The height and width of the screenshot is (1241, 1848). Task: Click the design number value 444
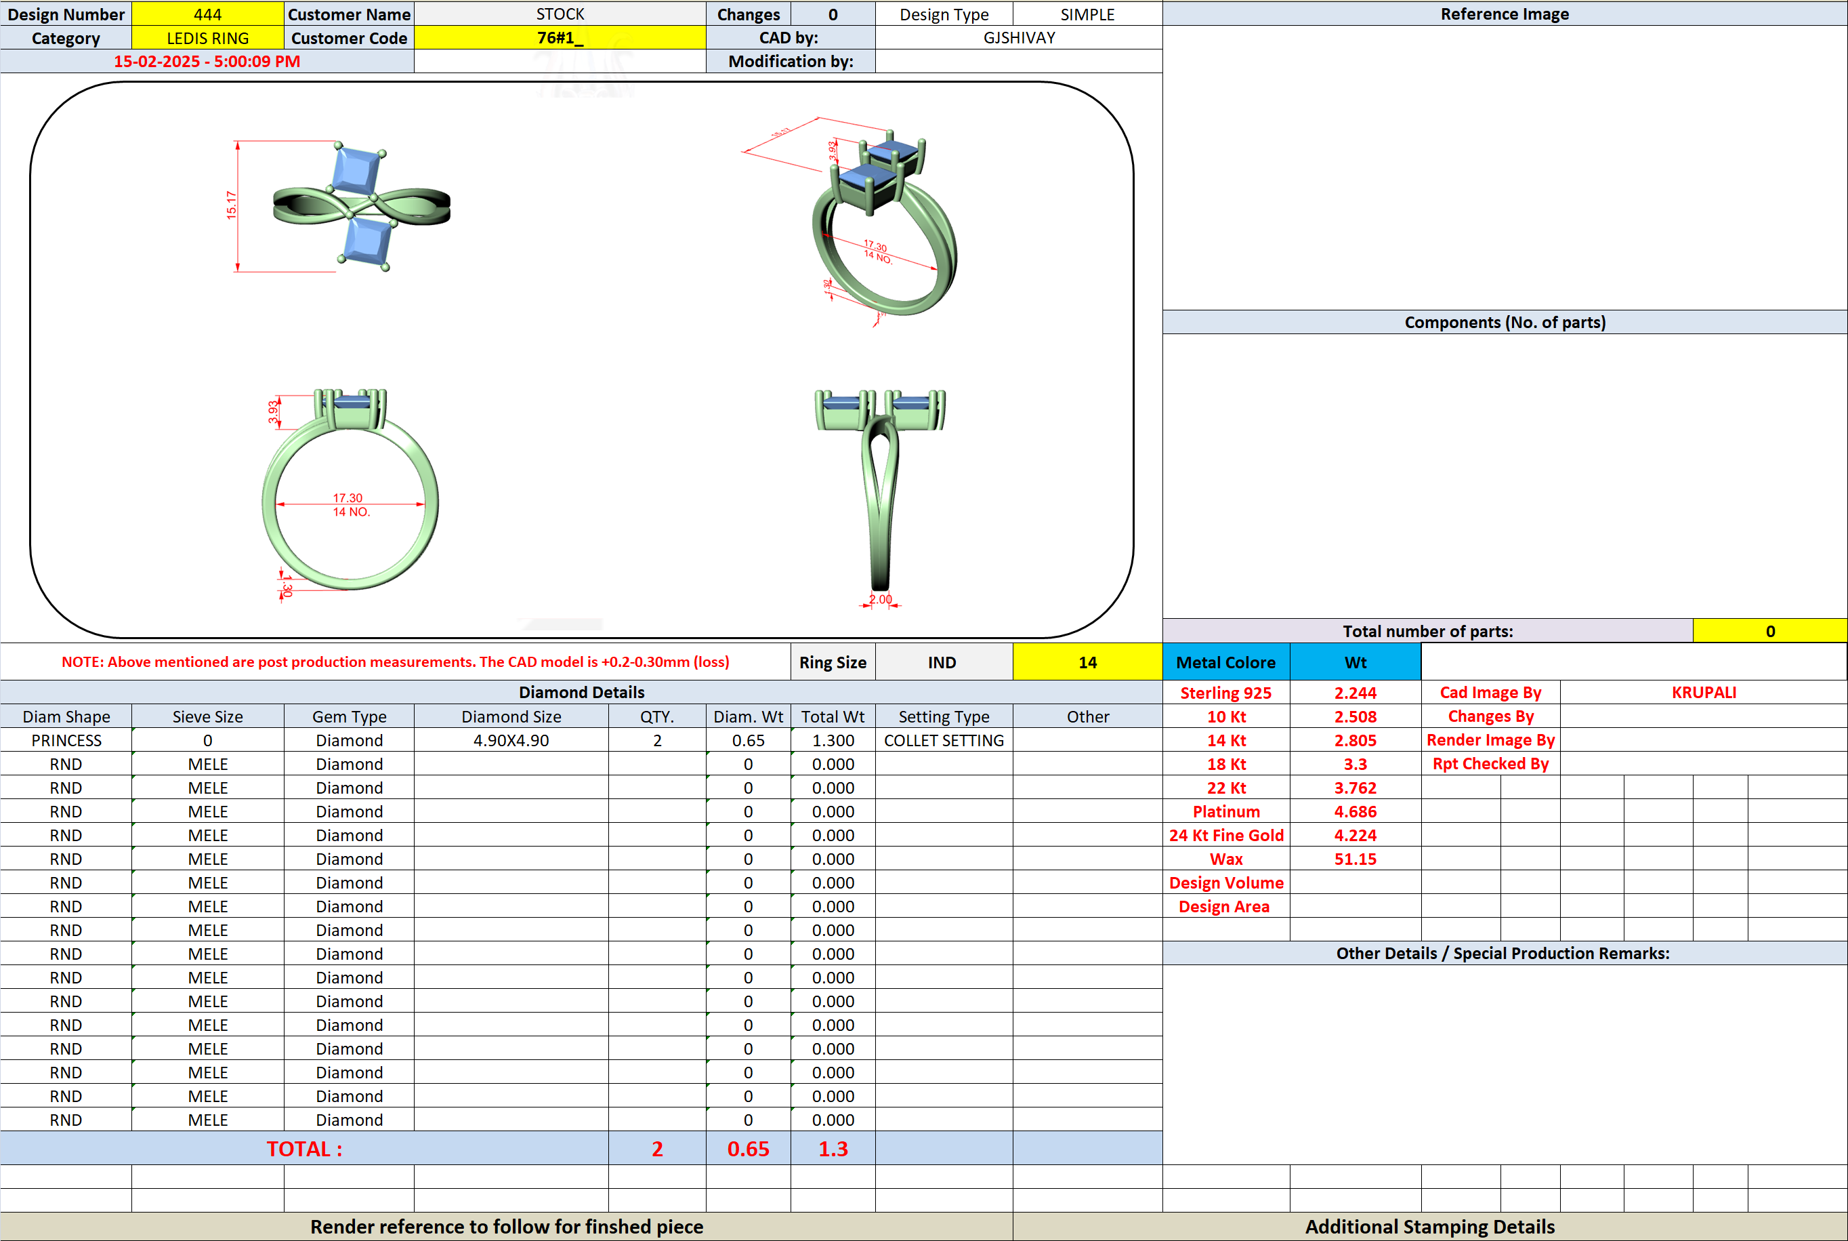tap(207, 14)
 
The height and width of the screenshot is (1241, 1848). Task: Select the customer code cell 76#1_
tap(560, 38)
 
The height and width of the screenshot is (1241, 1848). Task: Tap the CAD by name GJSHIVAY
tap(1019, 38)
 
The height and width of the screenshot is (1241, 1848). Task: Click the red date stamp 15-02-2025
tap(156, 62)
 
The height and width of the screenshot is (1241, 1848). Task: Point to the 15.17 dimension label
tap(231, 205)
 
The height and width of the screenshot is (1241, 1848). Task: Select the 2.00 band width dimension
tap(881, 599)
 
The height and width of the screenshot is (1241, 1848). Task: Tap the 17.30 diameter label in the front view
tap(348, 498)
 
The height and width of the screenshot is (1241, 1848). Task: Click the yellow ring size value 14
tap(1088, 662)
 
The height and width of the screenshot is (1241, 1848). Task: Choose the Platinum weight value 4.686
tap(1355, 811)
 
